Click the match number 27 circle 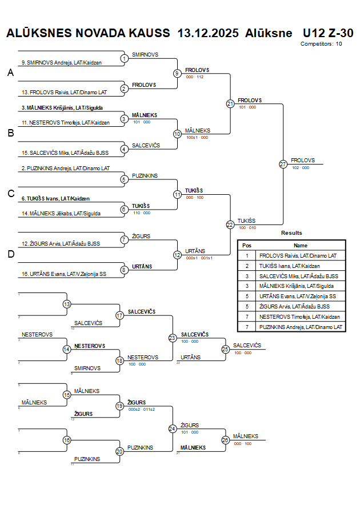point(283,164)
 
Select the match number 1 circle point(125,58)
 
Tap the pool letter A point(10,73)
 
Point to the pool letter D point(10,254)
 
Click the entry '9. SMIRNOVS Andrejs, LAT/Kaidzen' point(62,63)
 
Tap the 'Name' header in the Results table point(301,245)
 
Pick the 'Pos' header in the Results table point(247,245)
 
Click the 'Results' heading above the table point(291,233)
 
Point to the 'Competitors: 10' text point(321,43)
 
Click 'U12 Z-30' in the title point(328,33)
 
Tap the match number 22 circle point(230,225)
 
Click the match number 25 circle point(225,348)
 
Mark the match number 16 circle point(67,440)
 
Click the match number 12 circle point(177,255)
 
